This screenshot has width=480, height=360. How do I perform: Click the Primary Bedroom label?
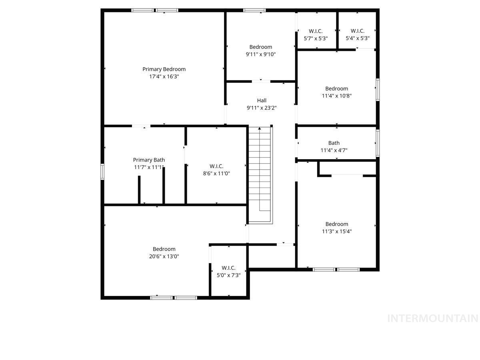click(164, 69)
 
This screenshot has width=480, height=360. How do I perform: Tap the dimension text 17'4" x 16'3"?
click(164, 76)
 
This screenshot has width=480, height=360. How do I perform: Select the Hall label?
click(262, 100)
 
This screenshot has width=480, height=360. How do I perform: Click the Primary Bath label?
click(149, 160)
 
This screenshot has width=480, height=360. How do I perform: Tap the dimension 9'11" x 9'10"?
click(261, 54)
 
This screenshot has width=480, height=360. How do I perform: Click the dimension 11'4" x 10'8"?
click(336, 96)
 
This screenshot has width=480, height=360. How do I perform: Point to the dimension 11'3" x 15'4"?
click(336, 231)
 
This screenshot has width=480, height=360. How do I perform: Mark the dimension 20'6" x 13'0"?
click(164, 256)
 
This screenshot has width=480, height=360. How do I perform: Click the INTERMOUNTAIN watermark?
click(433, 319)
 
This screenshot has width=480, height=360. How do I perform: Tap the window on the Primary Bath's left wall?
click(102, 172)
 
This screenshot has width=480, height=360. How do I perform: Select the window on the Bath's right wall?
click(377, 143)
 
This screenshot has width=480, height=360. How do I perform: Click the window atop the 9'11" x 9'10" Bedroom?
click(254, 10)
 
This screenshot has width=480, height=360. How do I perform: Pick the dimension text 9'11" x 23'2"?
click(262, 108)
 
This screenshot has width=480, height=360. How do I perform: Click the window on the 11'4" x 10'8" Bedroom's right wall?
click(377, 89)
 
